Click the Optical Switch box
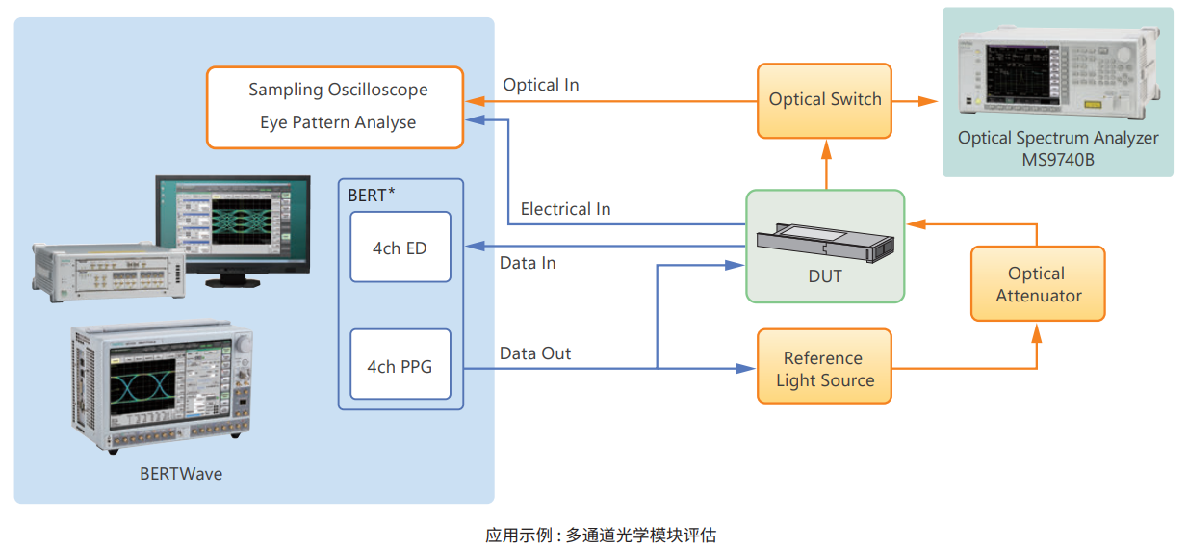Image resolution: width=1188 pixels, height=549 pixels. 824,100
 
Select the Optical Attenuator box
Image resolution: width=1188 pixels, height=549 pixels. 1037,284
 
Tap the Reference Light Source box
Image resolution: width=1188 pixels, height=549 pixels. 824,368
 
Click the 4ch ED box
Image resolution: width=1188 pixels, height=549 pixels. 400,248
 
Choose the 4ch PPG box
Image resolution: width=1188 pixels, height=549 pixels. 400,366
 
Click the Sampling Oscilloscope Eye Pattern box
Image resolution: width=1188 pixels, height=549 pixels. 335,106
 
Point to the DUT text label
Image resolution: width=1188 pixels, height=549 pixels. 825,277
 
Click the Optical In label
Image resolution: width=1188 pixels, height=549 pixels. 540,85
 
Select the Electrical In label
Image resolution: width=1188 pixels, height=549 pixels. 565,209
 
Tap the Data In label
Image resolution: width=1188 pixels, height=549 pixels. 528,263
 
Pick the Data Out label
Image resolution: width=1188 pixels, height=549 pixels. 535,353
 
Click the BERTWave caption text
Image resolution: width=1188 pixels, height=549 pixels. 181,474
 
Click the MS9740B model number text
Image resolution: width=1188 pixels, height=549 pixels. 1058,160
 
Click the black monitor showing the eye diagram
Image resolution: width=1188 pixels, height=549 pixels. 233,224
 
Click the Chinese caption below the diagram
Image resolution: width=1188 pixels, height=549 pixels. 600,535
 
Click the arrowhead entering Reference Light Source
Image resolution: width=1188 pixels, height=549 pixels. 747,368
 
